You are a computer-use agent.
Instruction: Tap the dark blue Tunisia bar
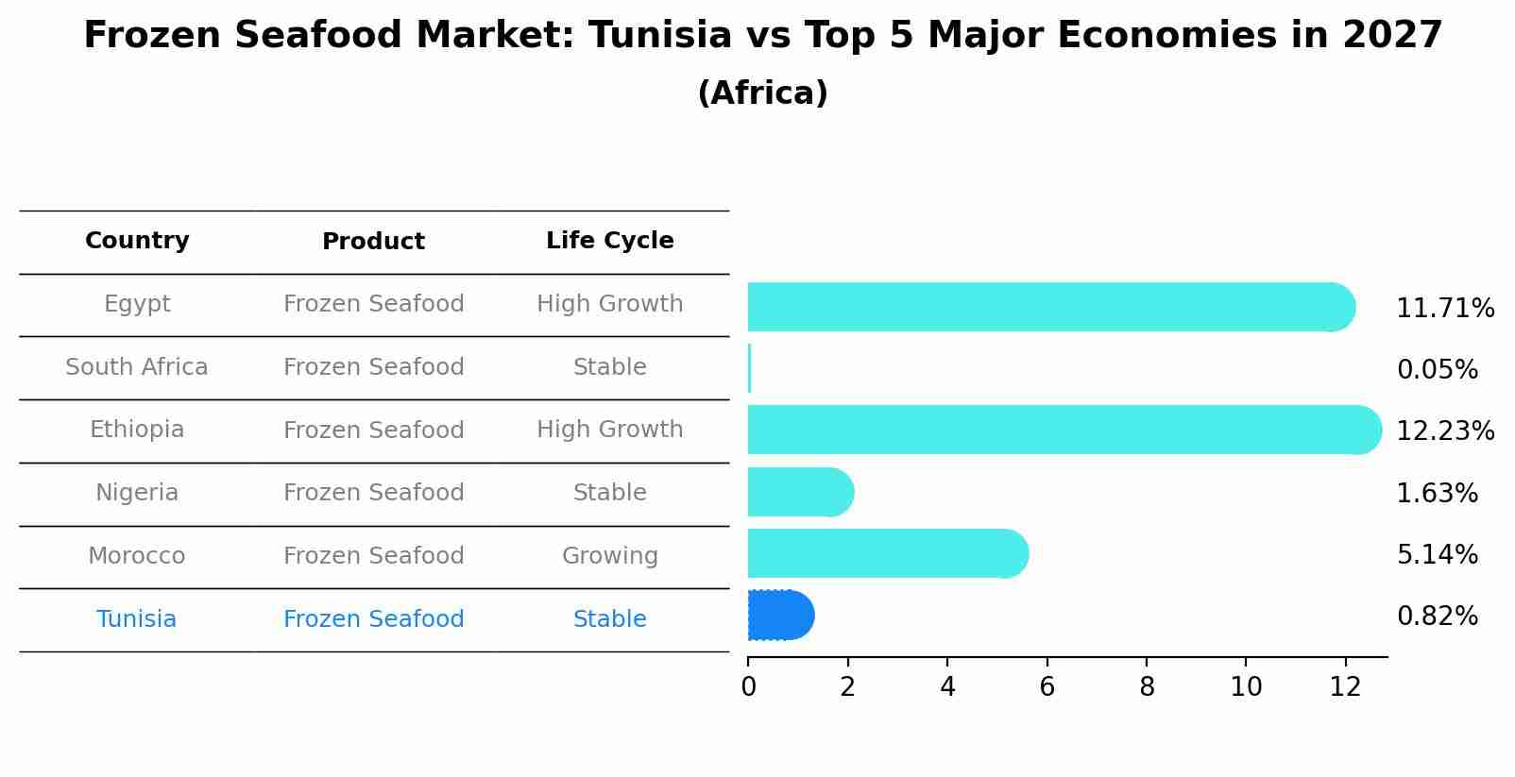point(780,616)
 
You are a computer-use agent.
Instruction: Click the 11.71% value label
point(1444,309)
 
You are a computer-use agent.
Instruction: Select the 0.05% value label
point(1437,370)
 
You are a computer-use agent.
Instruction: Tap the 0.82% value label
point(1437,617)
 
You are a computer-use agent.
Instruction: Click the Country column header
point(137,241)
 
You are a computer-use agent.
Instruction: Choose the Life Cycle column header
point(609,241)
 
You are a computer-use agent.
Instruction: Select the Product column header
point(373,242)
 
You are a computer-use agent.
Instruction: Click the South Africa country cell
point(137,367)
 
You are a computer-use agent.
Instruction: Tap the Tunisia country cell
point(137,619)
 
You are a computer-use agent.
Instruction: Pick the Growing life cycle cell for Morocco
point(609,556)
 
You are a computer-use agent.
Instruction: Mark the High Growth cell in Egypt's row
point(609,304)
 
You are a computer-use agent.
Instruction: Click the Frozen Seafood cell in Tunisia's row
point(373,619)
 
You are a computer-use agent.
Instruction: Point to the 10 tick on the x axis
point(1246,687)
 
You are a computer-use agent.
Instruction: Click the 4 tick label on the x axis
point(947,687)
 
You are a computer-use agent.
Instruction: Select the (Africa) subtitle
point(762,93)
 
